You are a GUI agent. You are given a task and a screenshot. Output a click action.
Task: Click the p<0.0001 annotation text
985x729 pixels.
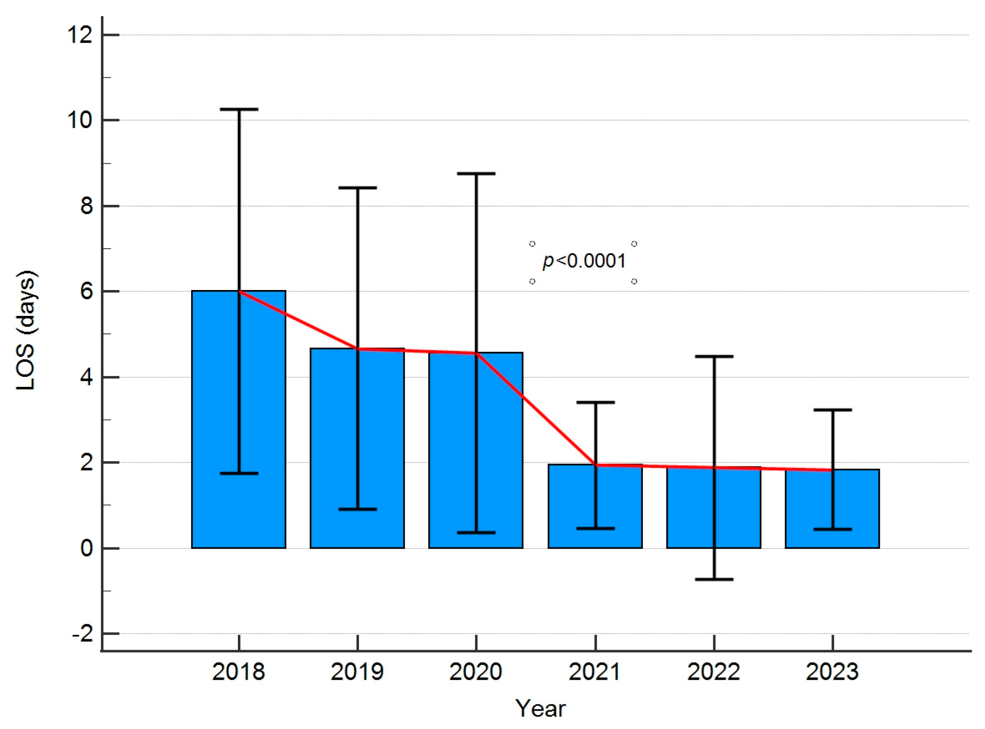(x=583, y=261)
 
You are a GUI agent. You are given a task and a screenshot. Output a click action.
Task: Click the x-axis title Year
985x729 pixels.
(x=540, y=709)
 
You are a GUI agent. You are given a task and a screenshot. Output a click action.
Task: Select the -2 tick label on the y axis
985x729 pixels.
(x=83, y=634)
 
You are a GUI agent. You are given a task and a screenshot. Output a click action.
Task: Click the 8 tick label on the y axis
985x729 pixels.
(x=86, y=206)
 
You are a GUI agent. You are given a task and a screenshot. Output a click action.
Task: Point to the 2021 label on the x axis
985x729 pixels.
(x=595, y=672)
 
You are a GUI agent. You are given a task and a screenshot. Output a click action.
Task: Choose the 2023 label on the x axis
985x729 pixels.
(x=832, y=672)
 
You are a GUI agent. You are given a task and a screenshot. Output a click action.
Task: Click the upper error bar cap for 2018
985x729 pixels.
(x=239, y=109)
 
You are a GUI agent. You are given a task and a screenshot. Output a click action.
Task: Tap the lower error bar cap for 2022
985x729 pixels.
(x=714, y=579)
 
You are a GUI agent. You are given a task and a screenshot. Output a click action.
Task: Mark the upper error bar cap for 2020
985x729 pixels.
(x=476, y=174)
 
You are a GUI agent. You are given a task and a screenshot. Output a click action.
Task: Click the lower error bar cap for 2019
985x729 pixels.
(x=357, y=509)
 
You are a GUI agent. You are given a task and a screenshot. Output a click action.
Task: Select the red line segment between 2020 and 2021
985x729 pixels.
(x=536, y=409)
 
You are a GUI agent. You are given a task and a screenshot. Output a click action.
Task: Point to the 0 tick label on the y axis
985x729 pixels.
(x=86, y=548)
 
